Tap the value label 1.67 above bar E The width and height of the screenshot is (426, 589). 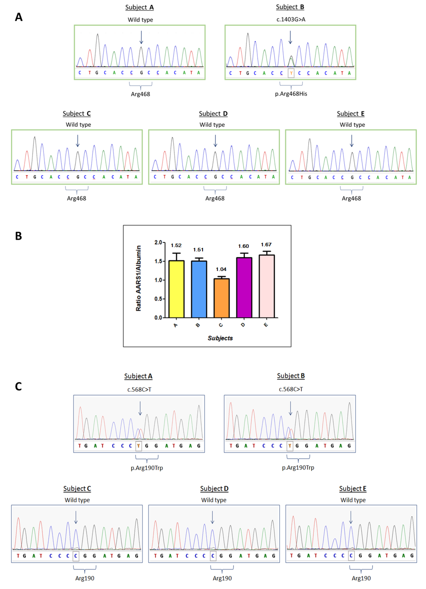(x=266, y=244)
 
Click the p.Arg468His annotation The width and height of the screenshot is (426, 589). (x=291, y=94)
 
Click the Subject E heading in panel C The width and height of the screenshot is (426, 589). (x=353, y=488)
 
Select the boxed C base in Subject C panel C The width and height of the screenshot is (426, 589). (x=76, y=556)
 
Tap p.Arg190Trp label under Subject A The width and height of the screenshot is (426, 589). (x=147, y=468)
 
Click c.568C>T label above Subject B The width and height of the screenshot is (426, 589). (x=291, y=389)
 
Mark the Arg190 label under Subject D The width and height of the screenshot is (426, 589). (x=222, y=578)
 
